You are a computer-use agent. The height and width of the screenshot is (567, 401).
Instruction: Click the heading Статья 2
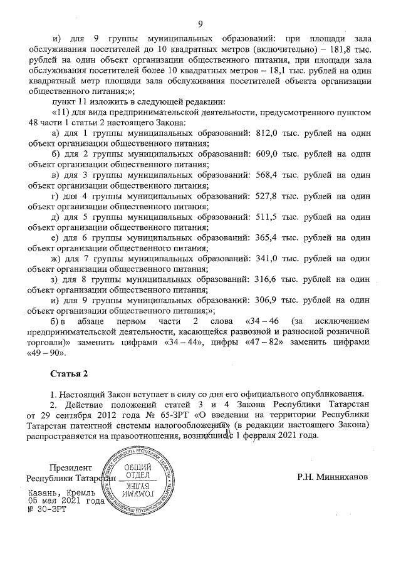click(x=69, y=373)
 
